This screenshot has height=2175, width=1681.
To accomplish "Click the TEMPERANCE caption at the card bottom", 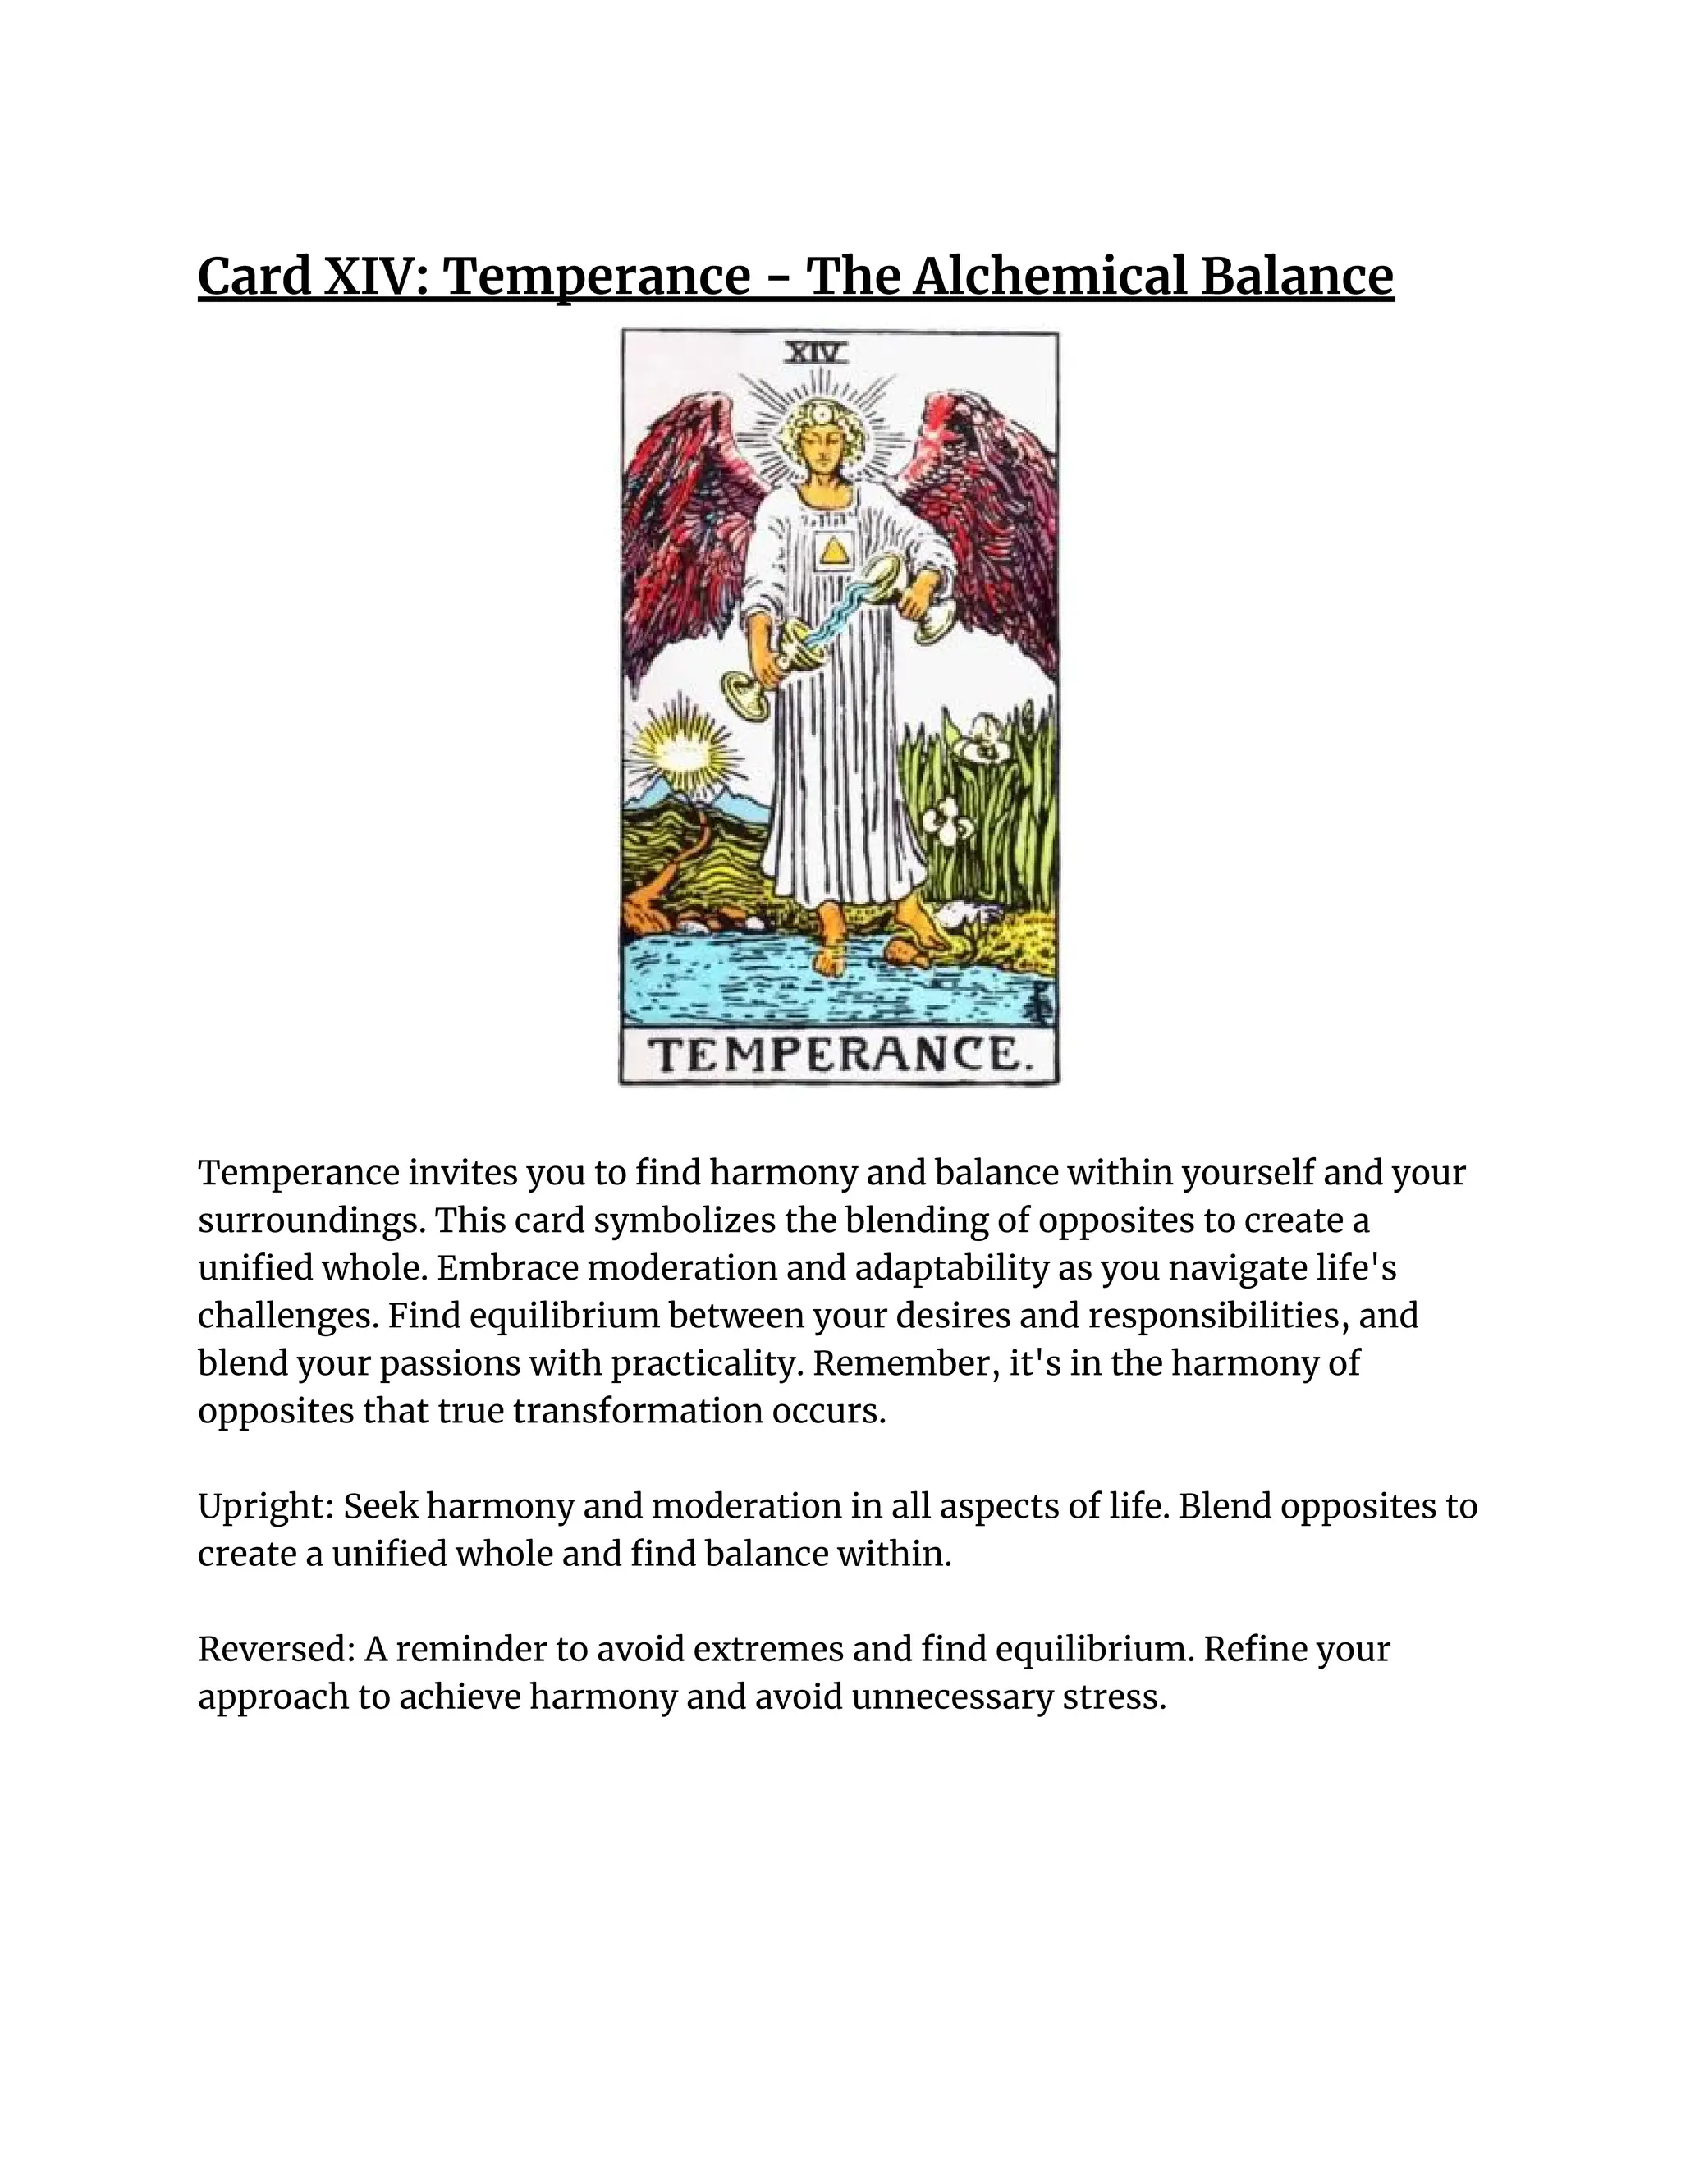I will click(x=839, y=1055).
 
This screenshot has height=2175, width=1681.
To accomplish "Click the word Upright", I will click(x=263, y=1507).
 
